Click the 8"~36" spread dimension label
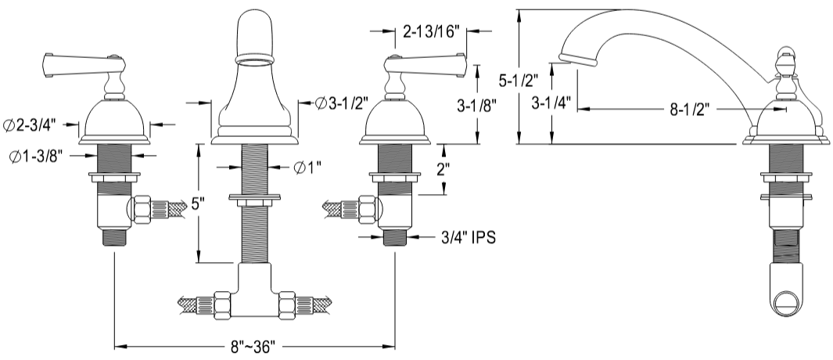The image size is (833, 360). coord(254,346)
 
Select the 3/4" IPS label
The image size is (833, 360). coord(469,236)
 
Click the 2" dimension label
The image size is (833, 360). coord(443,169)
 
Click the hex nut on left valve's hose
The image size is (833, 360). coord(142,209)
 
